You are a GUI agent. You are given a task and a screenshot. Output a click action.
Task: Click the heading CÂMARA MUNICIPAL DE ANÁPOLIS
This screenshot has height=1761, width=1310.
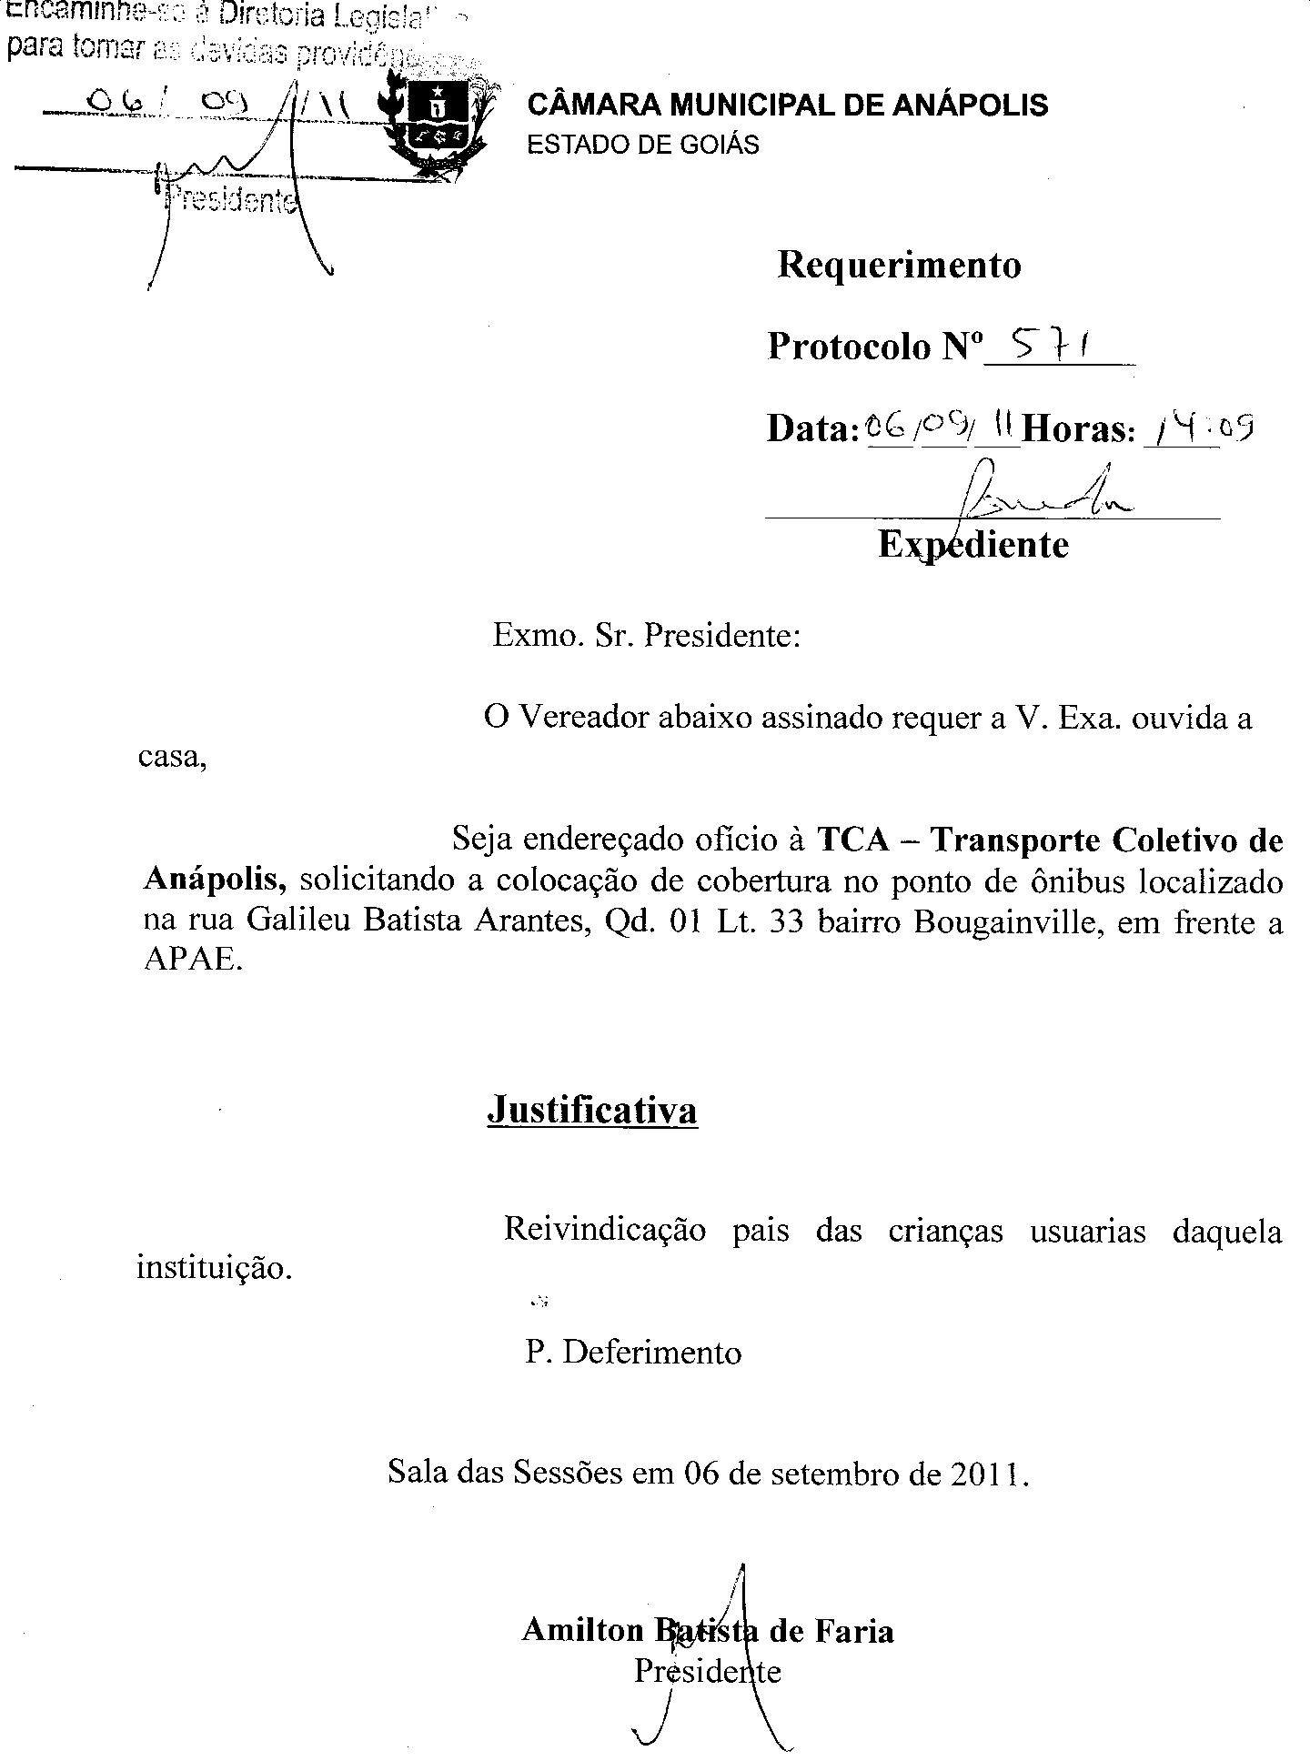tap(788, 105)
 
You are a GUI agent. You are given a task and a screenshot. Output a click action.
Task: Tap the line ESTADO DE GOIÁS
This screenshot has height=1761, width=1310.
tap(643, 145)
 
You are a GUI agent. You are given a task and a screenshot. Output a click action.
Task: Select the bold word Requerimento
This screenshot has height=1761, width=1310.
tap(899, 265)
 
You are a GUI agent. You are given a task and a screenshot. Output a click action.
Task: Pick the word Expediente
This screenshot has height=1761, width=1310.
tap(972, 544)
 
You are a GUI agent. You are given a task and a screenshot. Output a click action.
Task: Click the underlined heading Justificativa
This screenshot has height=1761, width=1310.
tap(592, 1110)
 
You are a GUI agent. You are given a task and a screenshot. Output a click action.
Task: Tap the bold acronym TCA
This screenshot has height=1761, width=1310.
tap(852, 840)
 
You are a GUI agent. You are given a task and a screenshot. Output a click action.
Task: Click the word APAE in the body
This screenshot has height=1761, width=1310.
tap(193, 961)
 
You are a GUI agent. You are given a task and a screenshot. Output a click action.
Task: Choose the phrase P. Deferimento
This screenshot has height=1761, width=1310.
tap(633, 1353)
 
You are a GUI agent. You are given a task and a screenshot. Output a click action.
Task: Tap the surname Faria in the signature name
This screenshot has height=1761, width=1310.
tap(853, 1631)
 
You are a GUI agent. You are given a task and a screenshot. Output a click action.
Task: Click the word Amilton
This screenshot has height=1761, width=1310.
tap(582, 1631)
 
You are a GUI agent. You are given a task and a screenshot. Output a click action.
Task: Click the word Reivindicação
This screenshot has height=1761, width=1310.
tap(605, 1231)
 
